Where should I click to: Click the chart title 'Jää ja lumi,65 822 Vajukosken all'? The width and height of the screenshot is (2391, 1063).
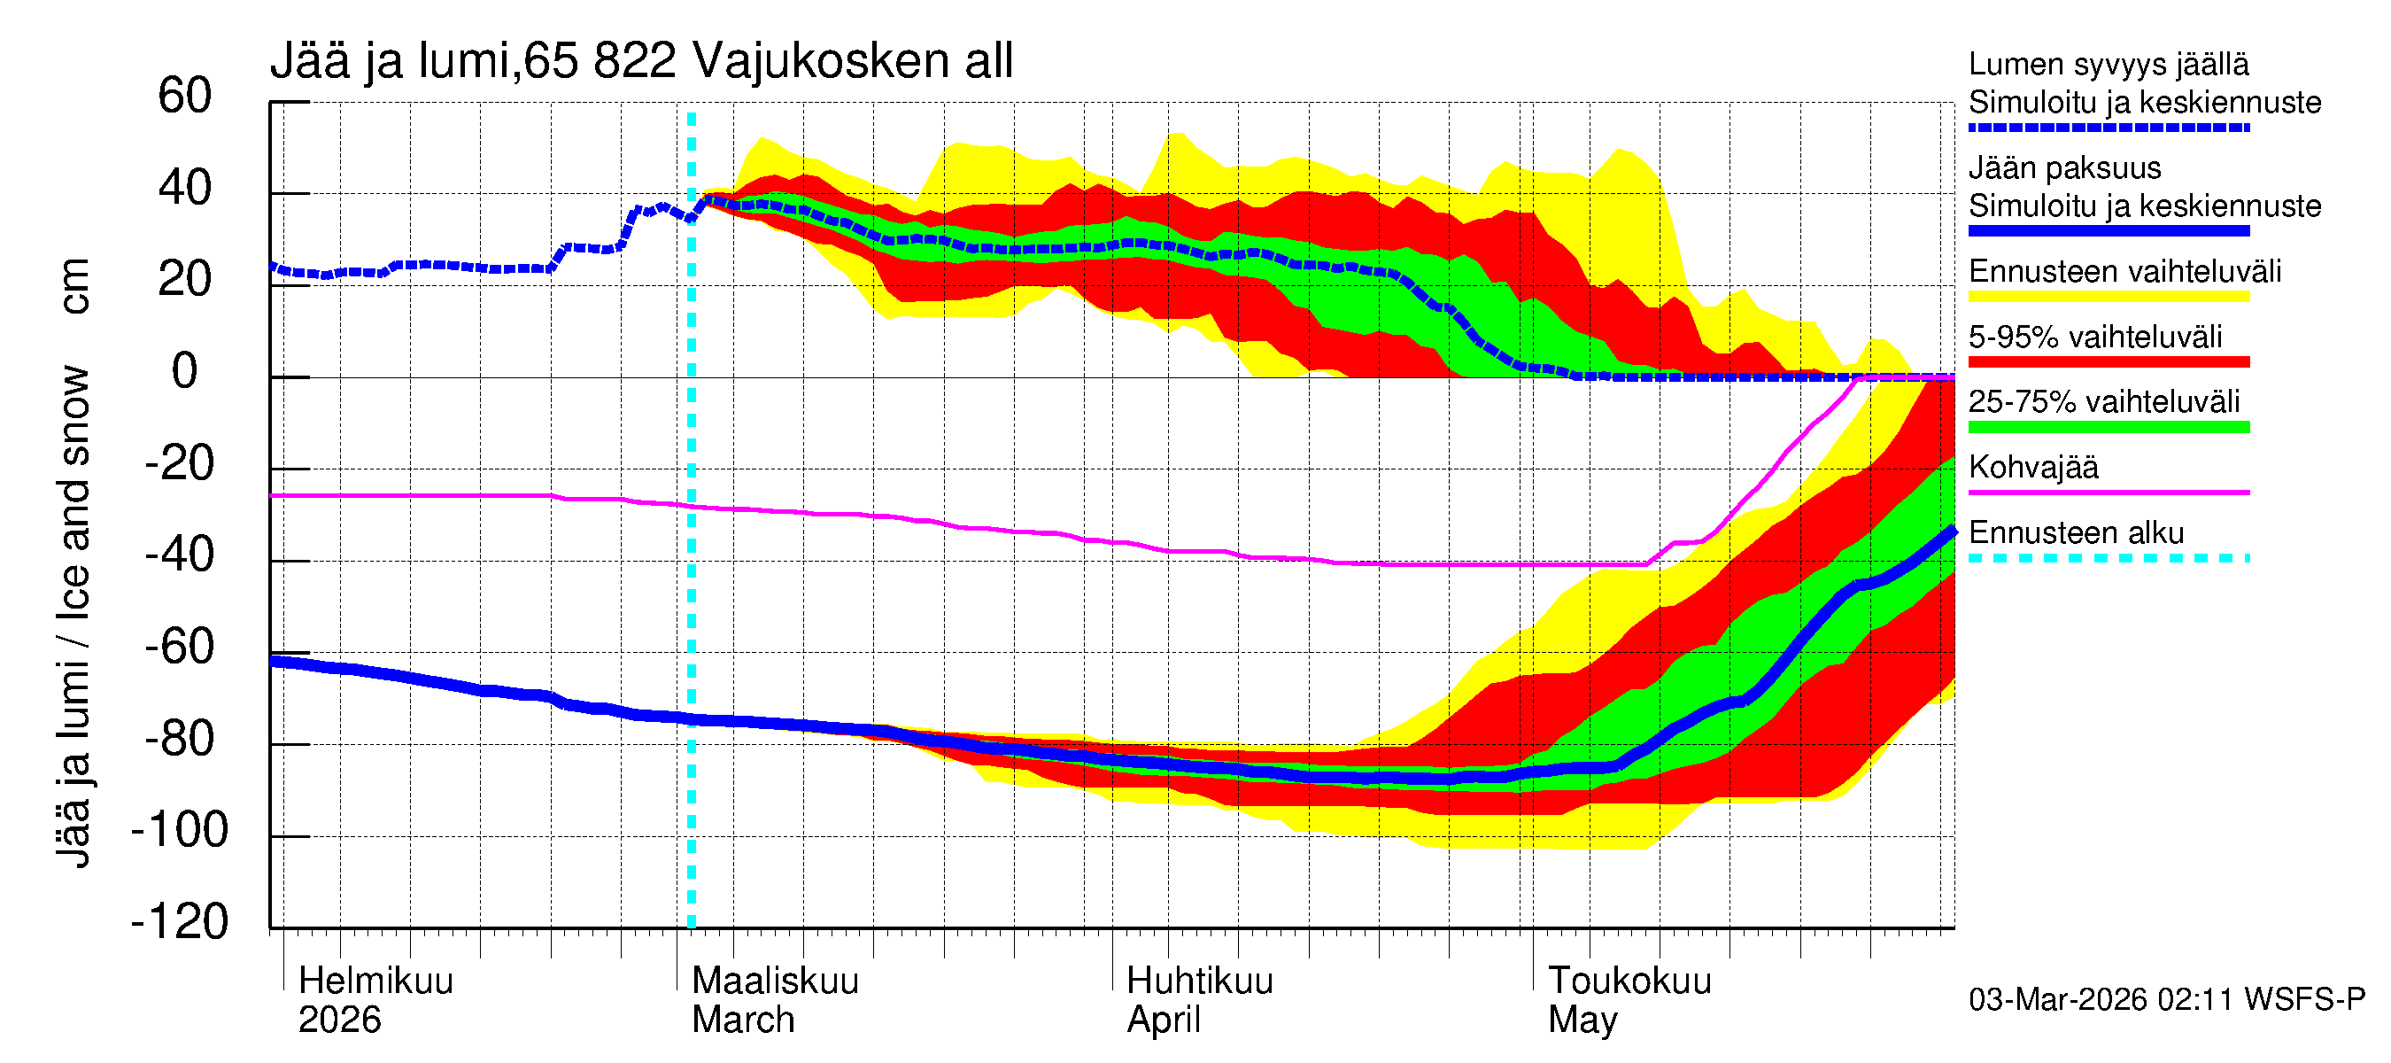pyautogui.click(x=640, y=61)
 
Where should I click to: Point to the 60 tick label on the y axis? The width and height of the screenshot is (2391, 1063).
pyautogui.click(x=185, y=96)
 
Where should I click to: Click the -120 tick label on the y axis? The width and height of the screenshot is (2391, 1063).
pyautogui.click(x=180, y=922)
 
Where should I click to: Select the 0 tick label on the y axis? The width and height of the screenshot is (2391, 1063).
pyautogui.click(x=185, y=371)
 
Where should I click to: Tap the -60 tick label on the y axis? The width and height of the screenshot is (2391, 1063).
pyautogui.click(x=180, y=647)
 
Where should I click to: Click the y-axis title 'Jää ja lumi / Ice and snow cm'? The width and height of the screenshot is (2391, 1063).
pyautogui.click(x=73, y=563)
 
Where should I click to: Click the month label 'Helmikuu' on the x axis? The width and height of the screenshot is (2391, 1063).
pyautogui.click(x=375, y=982)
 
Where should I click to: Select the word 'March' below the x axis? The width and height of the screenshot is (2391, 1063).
pyautogui.click(x=743, y=1020)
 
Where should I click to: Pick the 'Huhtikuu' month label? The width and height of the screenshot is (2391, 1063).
pyautogui.click(x=1199, y=982)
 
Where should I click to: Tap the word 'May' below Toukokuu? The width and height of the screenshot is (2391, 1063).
pyautogui.click(x=1582, y=1020)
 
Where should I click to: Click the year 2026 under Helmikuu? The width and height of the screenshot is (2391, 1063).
pyautogui.click(x=339, y=1020)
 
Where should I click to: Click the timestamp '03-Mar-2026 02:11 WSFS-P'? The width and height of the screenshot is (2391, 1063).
pyautogui.click(x=2166, y=1000)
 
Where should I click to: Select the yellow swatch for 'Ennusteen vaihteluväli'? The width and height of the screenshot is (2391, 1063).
pyautogui.click(x=2108, y=297)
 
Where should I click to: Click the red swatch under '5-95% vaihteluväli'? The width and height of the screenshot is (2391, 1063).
pyautogui.click(x=2108, y=362)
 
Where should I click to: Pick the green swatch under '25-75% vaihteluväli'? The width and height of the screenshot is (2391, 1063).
pyautogui.click(x=2108, y=427)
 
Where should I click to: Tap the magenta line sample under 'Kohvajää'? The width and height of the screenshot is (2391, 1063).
pyautogui.click(x=2108, y=492)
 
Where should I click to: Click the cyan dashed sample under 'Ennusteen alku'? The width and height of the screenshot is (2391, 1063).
pyautogui.click(x=2108, y=558)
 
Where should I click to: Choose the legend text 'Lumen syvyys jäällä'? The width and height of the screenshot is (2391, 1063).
pyautogui.click(x=2108, y=65)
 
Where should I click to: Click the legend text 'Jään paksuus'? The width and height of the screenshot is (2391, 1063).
pyautogui.click(x=2064, y=168)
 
